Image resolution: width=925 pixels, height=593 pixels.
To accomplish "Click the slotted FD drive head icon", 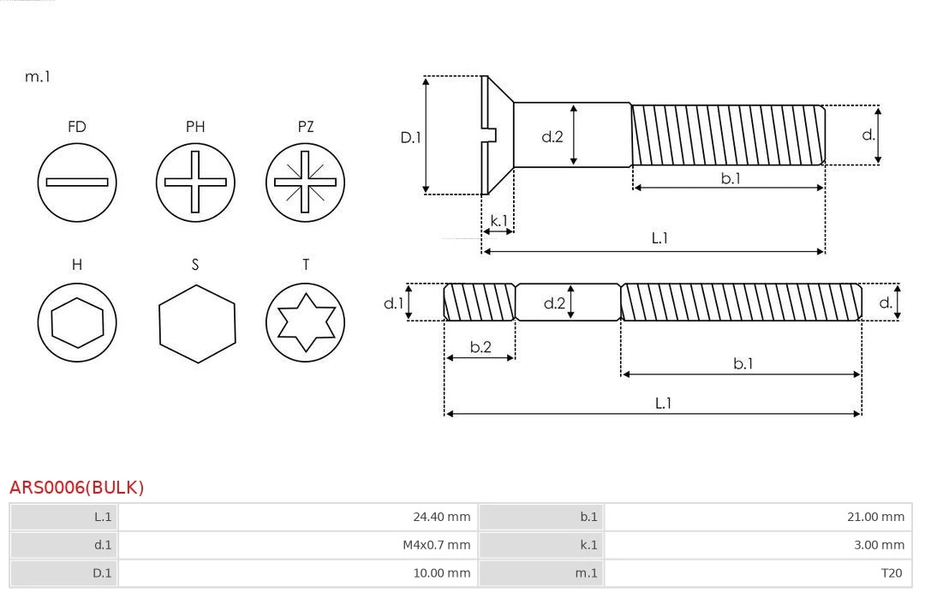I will click(77, 182).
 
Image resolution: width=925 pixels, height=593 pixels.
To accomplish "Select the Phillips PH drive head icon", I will click(195, 182).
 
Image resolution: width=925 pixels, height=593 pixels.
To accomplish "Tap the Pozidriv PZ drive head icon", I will click(305, 182).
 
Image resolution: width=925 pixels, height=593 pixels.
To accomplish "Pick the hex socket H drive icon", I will click(77, 322).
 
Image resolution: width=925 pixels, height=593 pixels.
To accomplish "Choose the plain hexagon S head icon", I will click(196, 322).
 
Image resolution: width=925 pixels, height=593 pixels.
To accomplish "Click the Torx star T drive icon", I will click(305, 322).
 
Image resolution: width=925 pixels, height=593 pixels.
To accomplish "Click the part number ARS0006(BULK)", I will click(77, 488).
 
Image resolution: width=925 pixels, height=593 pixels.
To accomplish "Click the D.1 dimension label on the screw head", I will click(411, 136).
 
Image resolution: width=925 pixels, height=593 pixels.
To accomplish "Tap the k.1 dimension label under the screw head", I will click(498, 220).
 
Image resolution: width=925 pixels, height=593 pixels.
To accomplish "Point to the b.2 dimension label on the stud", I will click(480, 347).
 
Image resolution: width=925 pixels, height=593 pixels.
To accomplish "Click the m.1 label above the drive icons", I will click(38, 76).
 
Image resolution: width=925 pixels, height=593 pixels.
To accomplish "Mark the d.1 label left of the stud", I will click(392, 302).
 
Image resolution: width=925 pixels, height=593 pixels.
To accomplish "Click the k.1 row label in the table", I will click(588, 545).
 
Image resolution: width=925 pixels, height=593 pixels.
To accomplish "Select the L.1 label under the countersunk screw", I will click(659, 238).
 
